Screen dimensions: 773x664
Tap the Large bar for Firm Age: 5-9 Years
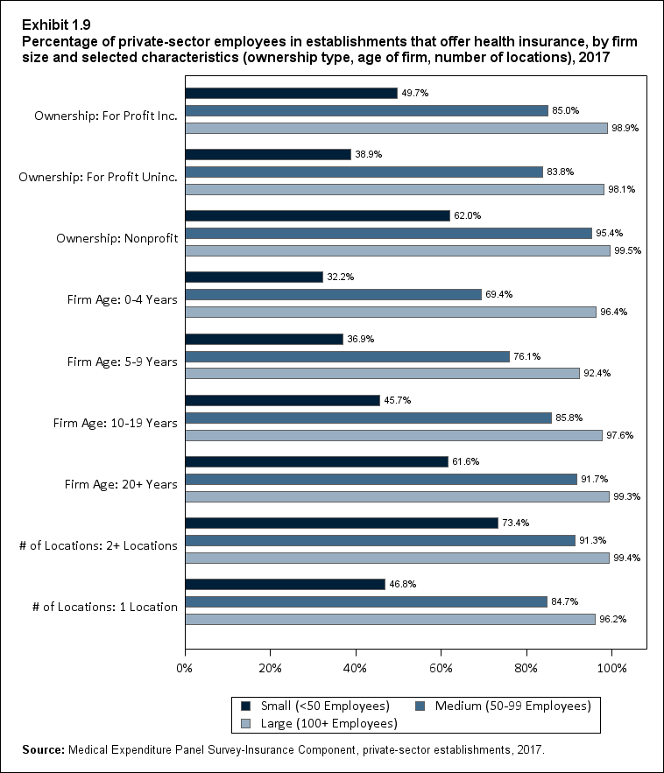pyautogui.click(x=382, y=373)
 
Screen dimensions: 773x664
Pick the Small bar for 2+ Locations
pyautogui.click(x=342, y=523)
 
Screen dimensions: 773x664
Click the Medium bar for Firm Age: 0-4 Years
pyautogui.click(x=333, y=294)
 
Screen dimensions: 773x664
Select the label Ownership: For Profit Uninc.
pyautogui.click(x=98, y=178)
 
